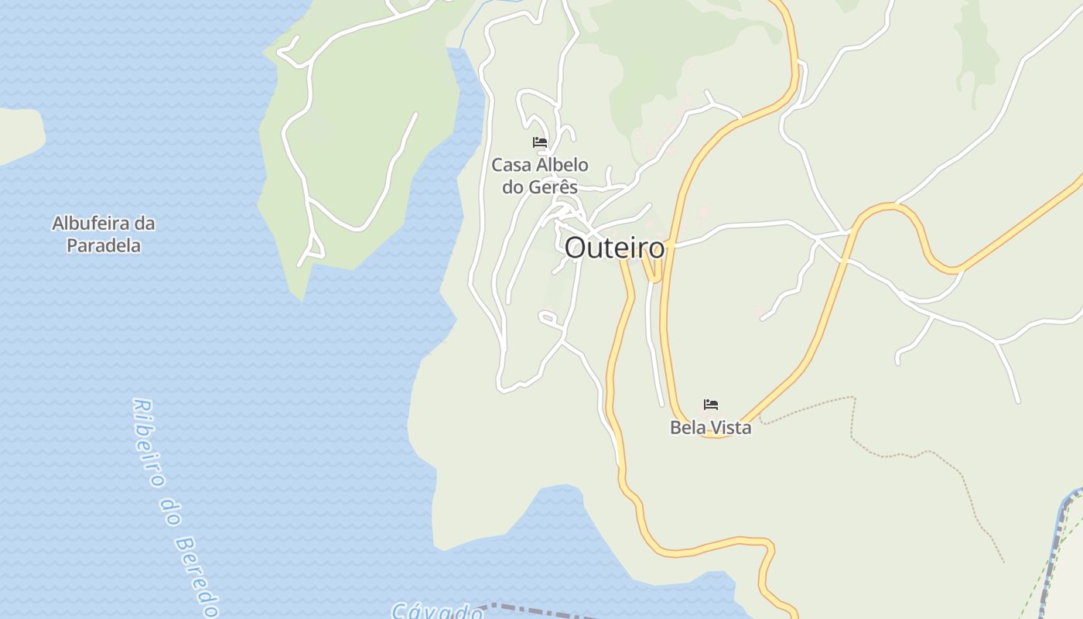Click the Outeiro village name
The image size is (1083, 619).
614,248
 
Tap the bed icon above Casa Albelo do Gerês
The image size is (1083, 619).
540,142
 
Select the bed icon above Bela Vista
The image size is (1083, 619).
711,405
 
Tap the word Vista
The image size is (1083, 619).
730,427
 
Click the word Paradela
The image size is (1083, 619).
104,246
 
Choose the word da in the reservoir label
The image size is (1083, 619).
145,224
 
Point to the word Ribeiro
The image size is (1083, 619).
149,443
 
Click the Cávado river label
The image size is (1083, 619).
437,611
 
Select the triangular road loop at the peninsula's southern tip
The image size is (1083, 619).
313,248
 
